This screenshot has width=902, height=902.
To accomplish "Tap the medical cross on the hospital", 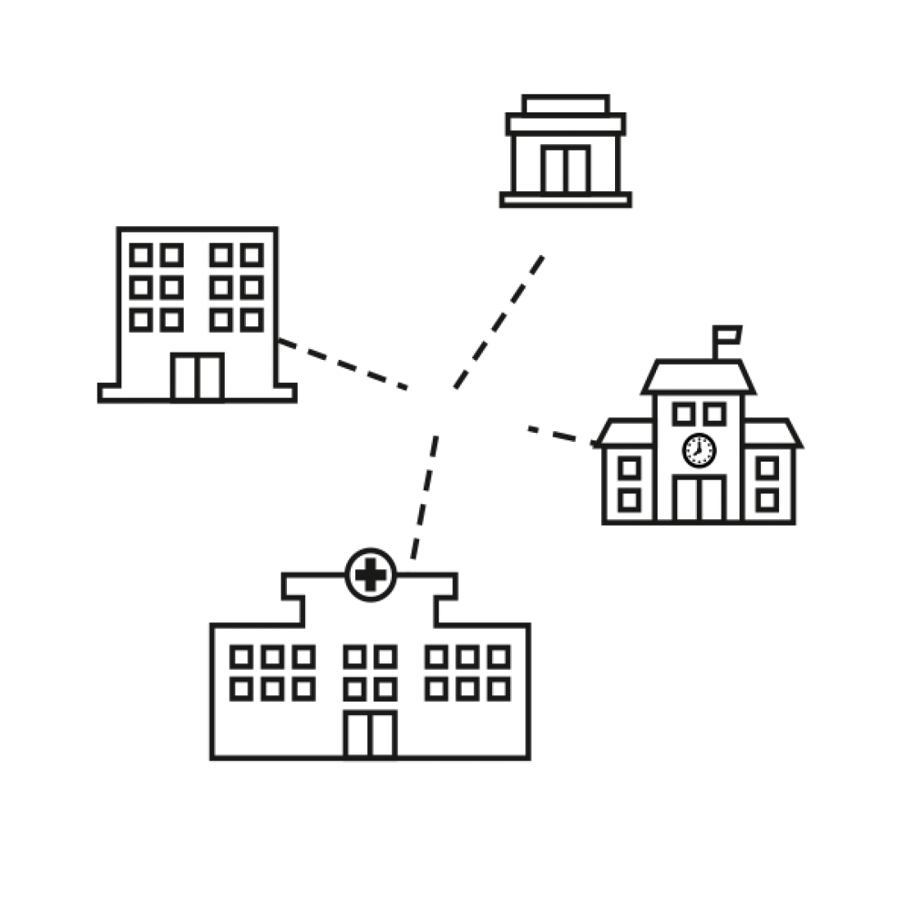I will pyautogui.click(x=371, y=574).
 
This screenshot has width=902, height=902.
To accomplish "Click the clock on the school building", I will pyautogui.click(x=699, y=449).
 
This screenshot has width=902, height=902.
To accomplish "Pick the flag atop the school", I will pyautogui.click(x=727, y=335).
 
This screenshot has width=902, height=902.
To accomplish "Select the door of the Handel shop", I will pyautogui.click(x=564, y=168).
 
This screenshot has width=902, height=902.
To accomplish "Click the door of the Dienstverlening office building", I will pyautogui.click(x=198, y=375).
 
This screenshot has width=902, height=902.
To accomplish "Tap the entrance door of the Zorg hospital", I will pyautogui.click(x=371, y=732).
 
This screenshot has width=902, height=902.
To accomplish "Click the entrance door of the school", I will pyautogui.click(x=699, y=496).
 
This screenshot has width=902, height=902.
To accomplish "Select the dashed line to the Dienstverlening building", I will pyautogui.click(x=344, y=365).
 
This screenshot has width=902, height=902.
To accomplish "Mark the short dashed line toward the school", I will pyautogui.click(x=562, y=435).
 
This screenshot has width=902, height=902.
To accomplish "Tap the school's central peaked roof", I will pyautogui.click(x=699, y=377).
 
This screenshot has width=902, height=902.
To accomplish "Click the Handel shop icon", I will pyautogui.click(x=565, y=152).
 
